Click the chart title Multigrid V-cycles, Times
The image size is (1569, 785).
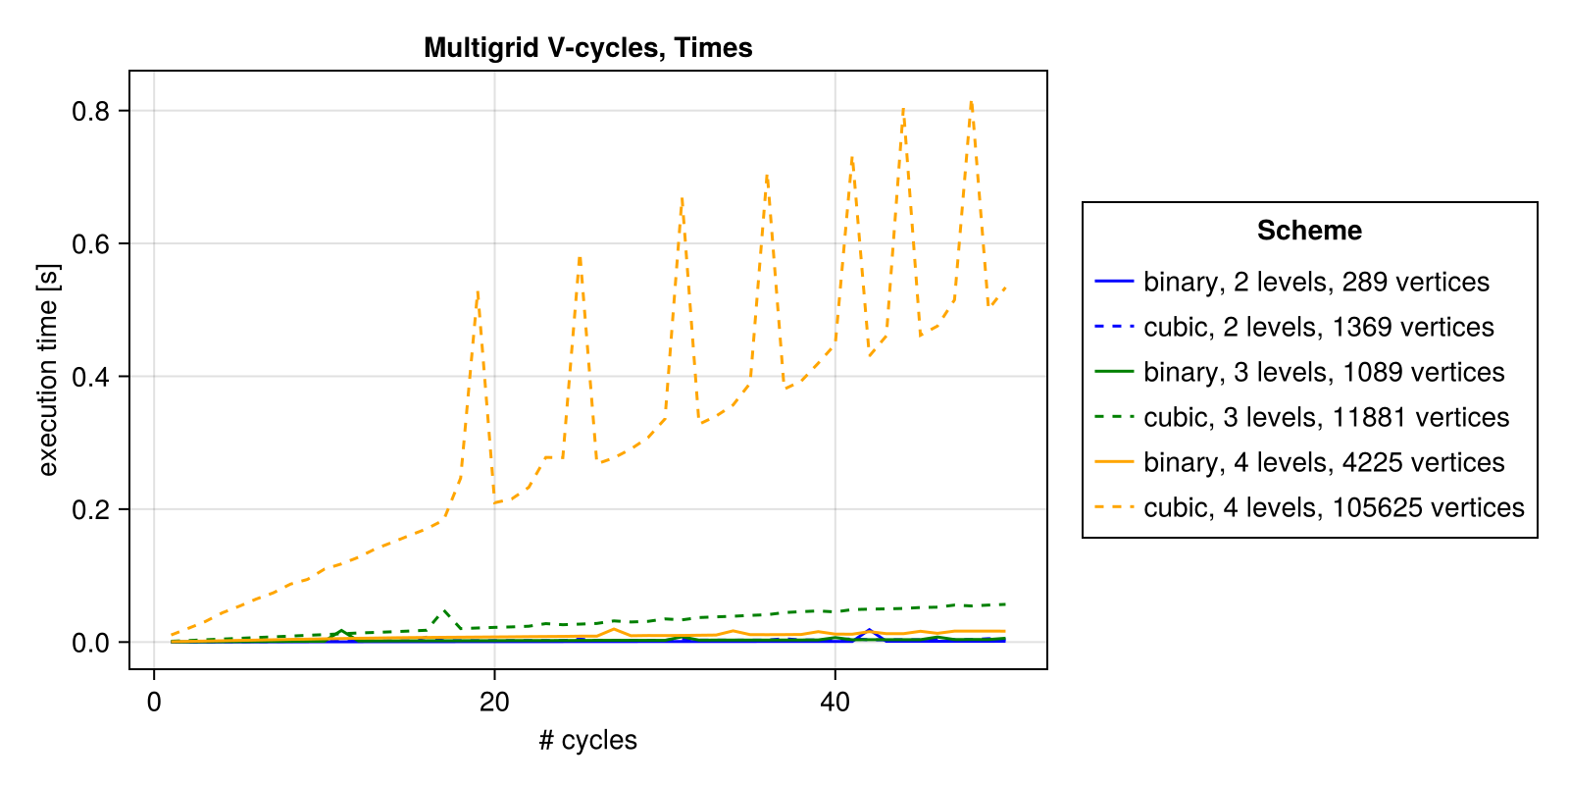point(587,47)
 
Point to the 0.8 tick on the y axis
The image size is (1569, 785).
point(90,111)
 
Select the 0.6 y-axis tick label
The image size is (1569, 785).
point(90,243)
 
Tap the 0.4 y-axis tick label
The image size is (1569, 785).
point(90,377)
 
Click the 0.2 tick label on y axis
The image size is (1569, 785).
point(90,509)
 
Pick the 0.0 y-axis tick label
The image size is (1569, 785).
point(90,643)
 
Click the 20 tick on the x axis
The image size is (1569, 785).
point(494,703)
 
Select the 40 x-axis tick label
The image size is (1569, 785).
point(835,703)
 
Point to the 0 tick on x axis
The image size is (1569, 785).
point(154,703)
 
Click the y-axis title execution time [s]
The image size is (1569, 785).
point(48,370)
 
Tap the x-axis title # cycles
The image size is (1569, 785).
point(587,740)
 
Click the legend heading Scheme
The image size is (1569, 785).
point(1309,231)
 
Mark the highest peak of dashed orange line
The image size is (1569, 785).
point(971,102)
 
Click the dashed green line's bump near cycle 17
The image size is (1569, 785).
point(444,609)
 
